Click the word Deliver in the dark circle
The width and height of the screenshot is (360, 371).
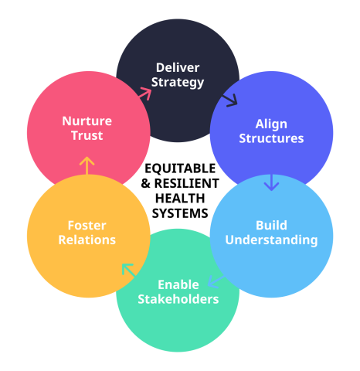point(178,68)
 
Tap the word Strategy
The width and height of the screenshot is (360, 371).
point(178,83)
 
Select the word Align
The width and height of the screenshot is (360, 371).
point(271,124)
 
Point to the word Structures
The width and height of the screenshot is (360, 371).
point(271,138)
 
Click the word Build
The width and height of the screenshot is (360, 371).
point(271,226)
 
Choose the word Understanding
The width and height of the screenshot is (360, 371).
point(271,240)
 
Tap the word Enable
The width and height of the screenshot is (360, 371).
point(178,284)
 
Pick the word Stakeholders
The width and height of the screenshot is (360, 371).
point(178,299)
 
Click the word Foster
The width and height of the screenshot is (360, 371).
point(87,226)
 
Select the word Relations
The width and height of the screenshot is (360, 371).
point(87,240)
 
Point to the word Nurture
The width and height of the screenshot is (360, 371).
point(87,121)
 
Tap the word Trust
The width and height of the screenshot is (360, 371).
point(87,135)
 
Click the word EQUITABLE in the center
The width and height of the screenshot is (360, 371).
point(180,168)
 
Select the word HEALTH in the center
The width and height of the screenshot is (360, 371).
point(180,199)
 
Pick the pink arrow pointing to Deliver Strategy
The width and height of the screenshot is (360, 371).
point(145,94)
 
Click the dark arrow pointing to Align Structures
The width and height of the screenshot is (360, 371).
point(229,100)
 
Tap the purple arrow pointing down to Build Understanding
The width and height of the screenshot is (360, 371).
point(271,182)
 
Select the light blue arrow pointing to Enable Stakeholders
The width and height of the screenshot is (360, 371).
point(216,281)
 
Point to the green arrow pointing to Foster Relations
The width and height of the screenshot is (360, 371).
point(128,270)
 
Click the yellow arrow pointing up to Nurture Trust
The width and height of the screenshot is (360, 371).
point(87,165)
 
